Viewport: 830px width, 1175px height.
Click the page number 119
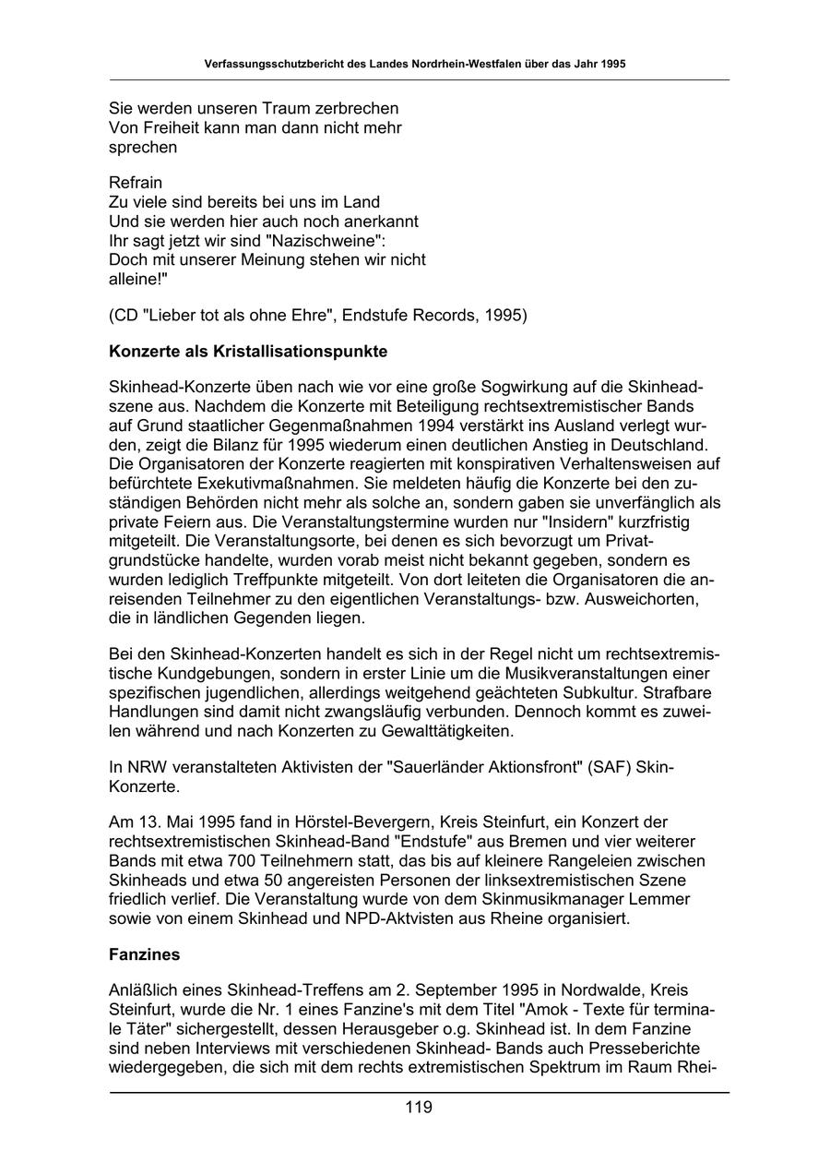(x=418, y=1108)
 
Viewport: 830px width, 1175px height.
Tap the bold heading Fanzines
(x=144, y=955)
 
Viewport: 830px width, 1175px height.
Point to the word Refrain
(x=136, y=183)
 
